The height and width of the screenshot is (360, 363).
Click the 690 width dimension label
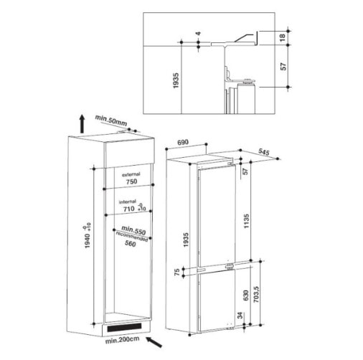[183, 142]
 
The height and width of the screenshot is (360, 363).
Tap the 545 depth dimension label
[264, 152]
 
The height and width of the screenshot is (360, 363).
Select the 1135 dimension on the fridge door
[246, 221]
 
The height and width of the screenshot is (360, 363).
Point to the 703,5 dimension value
[256, 295]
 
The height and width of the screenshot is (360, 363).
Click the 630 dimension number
[246, 295]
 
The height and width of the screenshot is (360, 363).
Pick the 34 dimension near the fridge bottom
[240, 316]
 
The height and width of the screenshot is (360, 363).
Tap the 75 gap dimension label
[177, 272]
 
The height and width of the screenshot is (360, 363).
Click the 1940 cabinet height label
[88, 241]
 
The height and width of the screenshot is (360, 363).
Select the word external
[131, 174]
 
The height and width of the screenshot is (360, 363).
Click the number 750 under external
[132, 181]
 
